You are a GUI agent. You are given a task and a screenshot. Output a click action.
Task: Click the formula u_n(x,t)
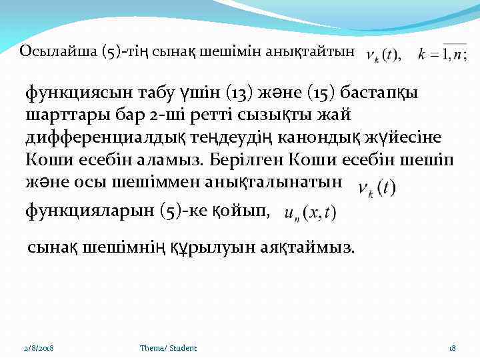point(310,213)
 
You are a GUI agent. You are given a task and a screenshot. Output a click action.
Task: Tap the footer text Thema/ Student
point(168,348)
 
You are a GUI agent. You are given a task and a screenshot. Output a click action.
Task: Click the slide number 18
point(451,348)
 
